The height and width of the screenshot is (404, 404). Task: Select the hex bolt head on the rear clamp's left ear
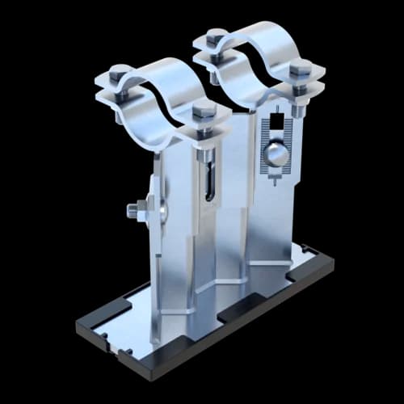point(216,36)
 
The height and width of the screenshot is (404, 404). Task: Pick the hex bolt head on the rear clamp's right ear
point(301,68)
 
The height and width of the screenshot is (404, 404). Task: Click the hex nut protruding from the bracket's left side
point(134,211)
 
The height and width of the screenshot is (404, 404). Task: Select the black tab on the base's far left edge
point(82,321)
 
